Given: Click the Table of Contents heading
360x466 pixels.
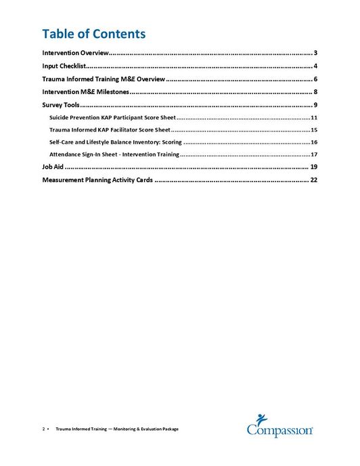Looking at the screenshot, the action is point(93,33).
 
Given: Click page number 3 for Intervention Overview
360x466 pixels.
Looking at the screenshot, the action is point(315,53).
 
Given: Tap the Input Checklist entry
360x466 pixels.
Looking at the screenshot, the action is point(63,66).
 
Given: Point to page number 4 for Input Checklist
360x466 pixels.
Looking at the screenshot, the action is point(315,66).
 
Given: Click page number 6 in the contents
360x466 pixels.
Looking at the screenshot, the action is point(315,79).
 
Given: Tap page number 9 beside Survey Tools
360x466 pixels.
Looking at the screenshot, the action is point(315,105).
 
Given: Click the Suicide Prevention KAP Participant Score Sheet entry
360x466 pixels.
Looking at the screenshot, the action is point(112,118).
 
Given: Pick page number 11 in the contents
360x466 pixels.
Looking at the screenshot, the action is point(314,118).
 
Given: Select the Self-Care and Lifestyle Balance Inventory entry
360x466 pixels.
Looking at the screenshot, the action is point(116,142).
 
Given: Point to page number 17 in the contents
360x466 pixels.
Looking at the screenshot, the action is point(314,154).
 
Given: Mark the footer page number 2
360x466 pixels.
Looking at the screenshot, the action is point(44,429).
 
